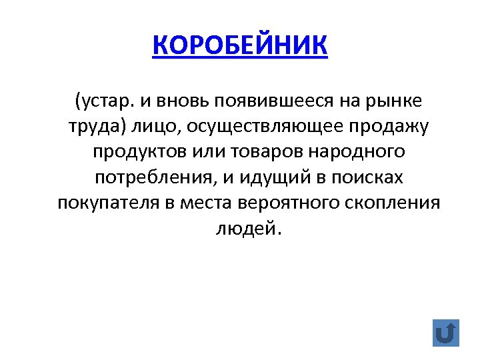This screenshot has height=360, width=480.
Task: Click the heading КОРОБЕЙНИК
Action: pos(240,47)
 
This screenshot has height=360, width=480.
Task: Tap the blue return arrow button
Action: pos(445,332)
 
